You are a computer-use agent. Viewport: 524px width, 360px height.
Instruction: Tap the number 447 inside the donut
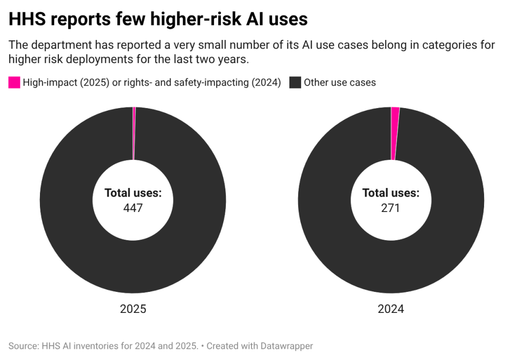[x=133, y=208]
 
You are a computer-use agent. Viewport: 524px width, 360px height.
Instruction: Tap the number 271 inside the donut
[x=390, y=208]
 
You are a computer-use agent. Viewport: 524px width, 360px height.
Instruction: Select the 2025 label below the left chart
[x=133, y=309]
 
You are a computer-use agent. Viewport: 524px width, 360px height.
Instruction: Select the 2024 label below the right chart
[x=391, y=309]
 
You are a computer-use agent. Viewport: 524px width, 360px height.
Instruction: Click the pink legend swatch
[x=14, y=82]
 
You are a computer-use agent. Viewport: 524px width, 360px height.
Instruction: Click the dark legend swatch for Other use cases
[x=295, y=82]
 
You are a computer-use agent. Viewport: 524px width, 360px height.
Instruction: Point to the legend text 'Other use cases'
[x=340, y=82]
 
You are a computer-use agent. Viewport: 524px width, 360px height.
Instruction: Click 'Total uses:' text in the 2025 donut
[x=133, y=193]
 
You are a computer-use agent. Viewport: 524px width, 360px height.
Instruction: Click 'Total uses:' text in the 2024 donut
[x=390, y=193]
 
